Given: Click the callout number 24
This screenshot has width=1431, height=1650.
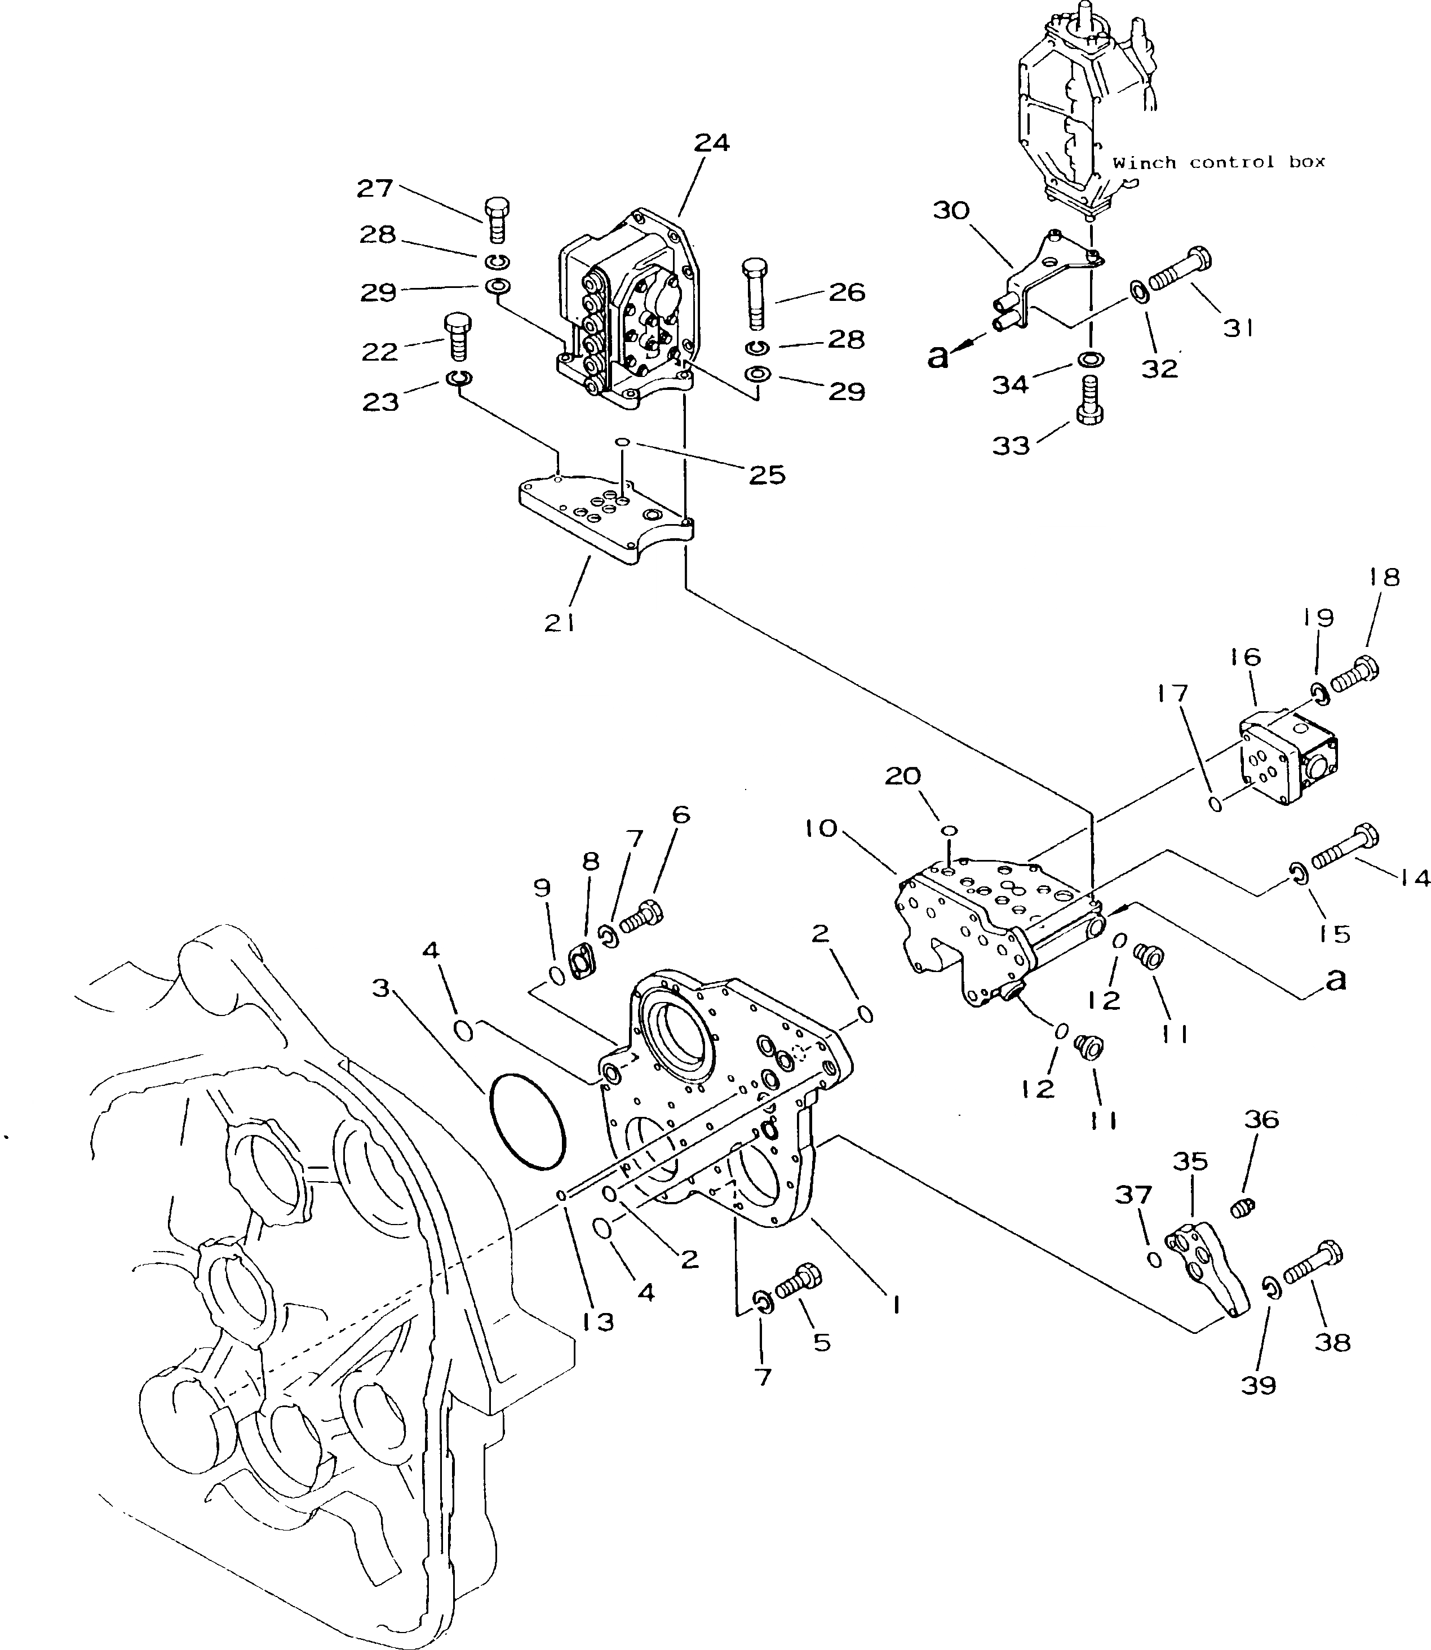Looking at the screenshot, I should coord(711,143).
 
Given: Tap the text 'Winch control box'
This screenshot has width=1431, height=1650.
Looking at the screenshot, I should coord(1219,163).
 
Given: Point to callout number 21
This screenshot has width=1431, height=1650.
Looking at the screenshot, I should coord(559,623).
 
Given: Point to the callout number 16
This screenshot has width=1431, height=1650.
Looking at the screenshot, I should coord(1246,657).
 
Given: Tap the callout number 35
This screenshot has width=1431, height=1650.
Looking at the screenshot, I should coord(1190,1161).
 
